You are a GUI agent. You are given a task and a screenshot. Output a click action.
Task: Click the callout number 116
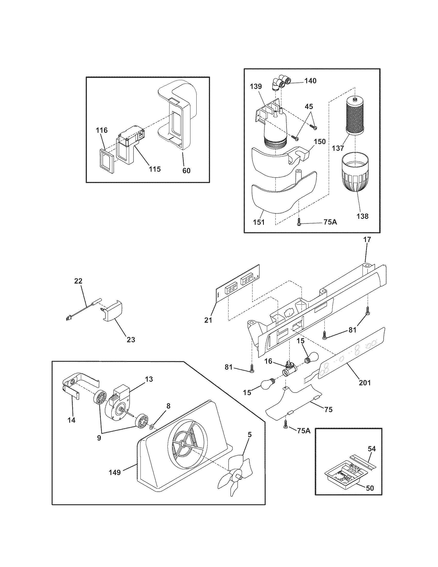(102, 130)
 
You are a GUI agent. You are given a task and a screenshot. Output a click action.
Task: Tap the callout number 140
(310, 81)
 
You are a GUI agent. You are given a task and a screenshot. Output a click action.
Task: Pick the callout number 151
(259, 222)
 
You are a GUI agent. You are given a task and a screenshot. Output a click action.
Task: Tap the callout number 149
(115, 472)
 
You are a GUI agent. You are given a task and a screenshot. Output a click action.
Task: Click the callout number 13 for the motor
(149, 379)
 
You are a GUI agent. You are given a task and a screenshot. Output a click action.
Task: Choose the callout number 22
(78, 281)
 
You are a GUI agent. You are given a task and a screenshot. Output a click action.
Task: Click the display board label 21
(208, 320)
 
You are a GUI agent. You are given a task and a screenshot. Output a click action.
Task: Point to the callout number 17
(367, 239)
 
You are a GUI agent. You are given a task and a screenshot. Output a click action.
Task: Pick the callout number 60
(186, 170)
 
